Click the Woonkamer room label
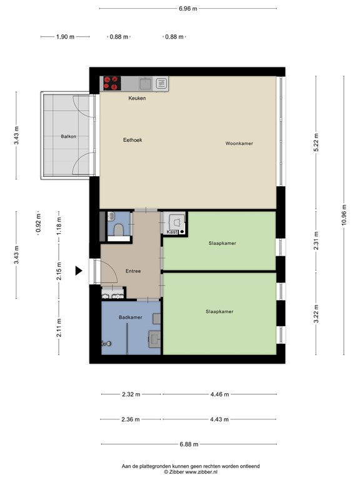(239, 143)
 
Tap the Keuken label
(137, 98)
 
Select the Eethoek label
(132, 140)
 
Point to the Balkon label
(68, 136)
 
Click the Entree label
(133, 271)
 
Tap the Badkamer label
(131, 317)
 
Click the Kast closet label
(172, 232)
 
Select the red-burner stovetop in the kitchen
(112, 83)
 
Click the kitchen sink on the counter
(146, 83)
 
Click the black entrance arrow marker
(79, 271)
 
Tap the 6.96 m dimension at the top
(188, 9)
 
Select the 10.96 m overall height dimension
(344, 215)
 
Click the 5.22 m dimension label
(316, 142)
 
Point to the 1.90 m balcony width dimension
(65, 37)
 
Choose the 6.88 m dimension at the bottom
(189, 444)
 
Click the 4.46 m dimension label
(219, 394)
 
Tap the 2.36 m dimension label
(131, 419)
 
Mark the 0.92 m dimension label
(38, 223)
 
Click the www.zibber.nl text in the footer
(201, 472)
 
